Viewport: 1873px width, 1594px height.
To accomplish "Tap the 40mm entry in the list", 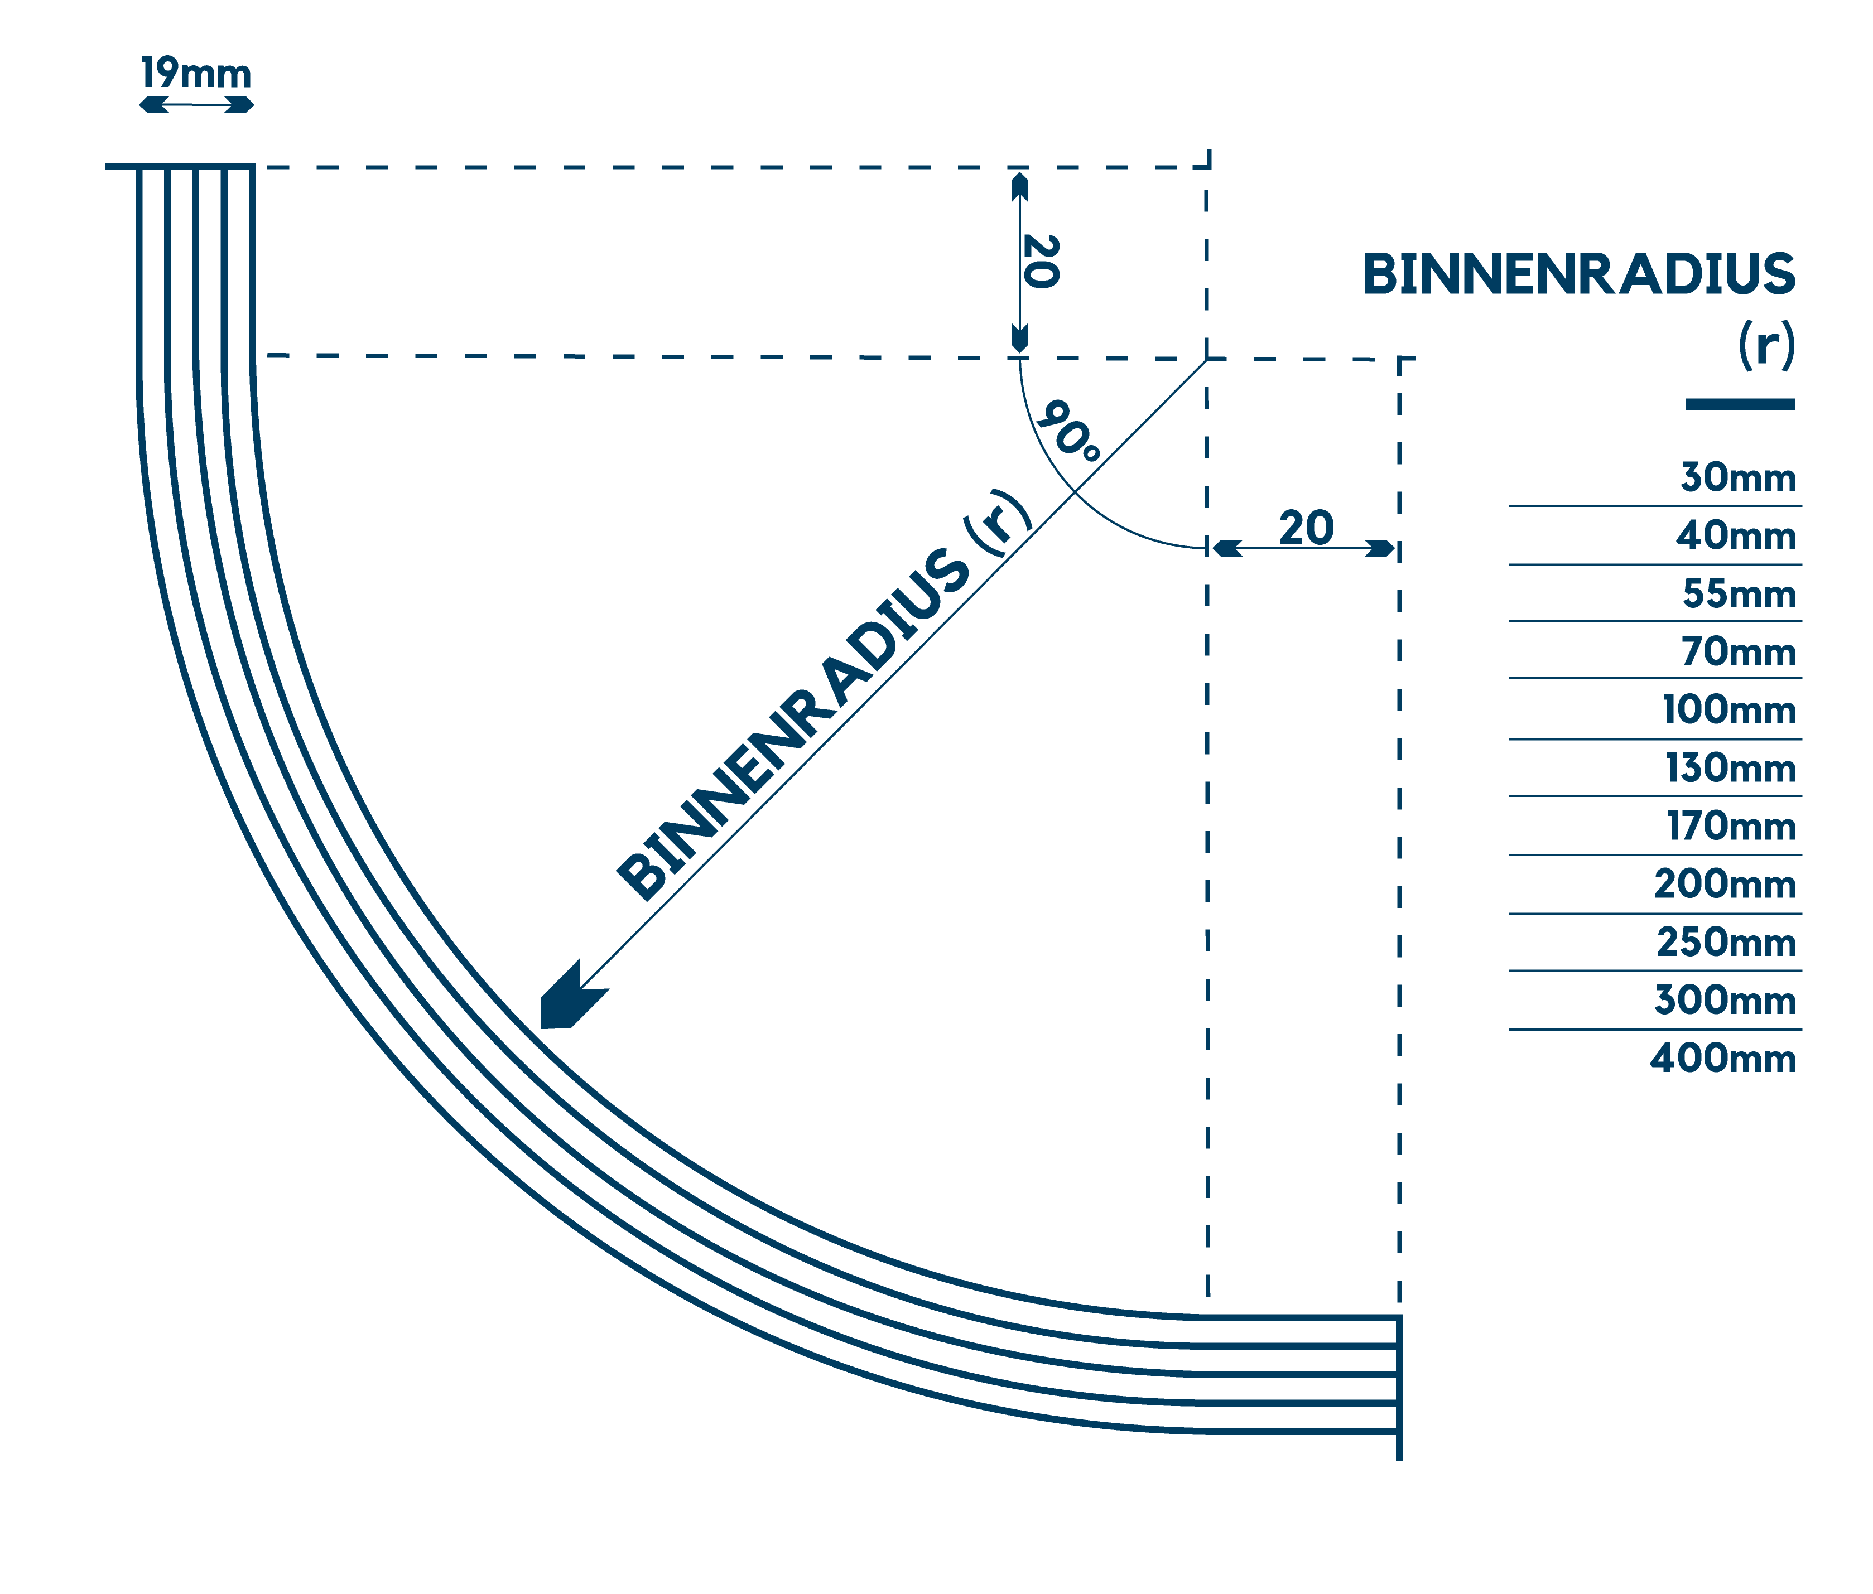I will click(1736, 537).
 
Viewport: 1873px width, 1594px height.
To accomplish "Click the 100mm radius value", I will click(1728, 710).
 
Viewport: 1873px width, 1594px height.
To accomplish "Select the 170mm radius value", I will click(1730, 827).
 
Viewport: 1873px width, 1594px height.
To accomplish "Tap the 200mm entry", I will click(1725, 885).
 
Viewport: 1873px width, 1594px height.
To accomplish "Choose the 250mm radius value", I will click(1726, 943).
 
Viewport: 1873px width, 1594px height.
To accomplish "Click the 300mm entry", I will click(1725, 1001).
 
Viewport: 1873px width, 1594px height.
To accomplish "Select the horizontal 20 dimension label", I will click(1306, 529).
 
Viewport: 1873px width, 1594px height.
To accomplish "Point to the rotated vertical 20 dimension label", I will click(1041, 262).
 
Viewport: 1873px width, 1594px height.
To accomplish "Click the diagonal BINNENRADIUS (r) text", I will click(822, 696).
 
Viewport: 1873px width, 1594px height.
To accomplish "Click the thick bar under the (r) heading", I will click(1739, 404).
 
